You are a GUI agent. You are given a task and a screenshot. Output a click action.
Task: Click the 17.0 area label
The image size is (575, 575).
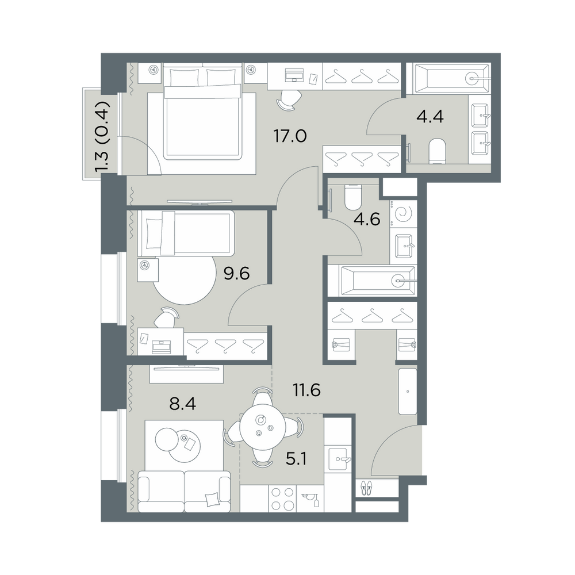pos(290,136)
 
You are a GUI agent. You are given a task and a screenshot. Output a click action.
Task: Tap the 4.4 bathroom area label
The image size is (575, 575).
pos(430,117)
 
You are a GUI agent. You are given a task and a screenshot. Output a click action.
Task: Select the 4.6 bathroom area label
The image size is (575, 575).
pos(367,219)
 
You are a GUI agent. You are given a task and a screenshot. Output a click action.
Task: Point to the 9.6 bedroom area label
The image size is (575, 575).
pos(236,273)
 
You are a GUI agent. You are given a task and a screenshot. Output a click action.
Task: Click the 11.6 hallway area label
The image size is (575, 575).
pos(306,391)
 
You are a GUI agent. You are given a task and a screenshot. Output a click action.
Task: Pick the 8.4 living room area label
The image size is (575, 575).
pos(182,404)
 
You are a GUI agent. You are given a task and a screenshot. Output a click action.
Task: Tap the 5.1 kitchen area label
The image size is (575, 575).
pos(296,459)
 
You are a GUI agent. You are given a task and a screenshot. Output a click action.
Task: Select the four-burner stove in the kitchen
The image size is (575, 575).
pos(283,499)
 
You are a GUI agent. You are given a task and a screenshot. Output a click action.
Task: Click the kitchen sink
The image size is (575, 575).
pos(339,459)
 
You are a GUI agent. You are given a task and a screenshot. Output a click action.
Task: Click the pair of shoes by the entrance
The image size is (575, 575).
pos(366,489)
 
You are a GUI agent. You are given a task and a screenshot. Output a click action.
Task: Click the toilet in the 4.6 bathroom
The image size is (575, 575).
pos(354,196)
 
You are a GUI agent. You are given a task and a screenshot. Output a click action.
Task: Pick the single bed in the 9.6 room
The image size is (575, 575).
pos(186,233)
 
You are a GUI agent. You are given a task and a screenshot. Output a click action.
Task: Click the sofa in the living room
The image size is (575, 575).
pos(184,492)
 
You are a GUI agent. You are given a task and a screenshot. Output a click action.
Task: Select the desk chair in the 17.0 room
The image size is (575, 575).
pos(289,99)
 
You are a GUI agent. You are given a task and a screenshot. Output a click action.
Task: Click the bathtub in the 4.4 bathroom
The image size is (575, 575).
pos(451,78)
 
